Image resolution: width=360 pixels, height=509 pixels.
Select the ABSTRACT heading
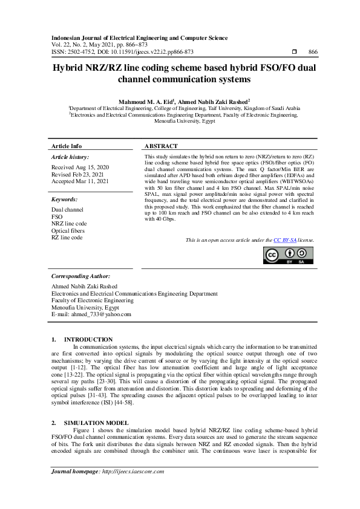click(161, 146)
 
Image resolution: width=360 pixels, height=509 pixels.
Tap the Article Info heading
click(67, 146)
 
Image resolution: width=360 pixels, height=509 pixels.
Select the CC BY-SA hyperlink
click(284, 240)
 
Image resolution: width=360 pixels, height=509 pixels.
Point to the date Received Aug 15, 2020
click(80, 167)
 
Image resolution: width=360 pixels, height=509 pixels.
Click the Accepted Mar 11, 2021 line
click(80, 181)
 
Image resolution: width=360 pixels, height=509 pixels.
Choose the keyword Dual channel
click(68, 209)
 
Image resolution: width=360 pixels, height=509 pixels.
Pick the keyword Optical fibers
click(68, 231)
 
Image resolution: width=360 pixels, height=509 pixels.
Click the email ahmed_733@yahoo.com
click(91, 314)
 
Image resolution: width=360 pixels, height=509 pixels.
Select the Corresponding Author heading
click(80, 276)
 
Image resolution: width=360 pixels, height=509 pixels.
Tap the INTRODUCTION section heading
click(88, 340)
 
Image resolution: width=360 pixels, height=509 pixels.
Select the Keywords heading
click(65, 198)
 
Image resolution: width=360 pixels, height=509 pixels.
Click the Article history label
click(70, 157)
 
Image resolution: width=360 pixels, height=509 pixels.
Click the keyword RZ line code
click(67, 238)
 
